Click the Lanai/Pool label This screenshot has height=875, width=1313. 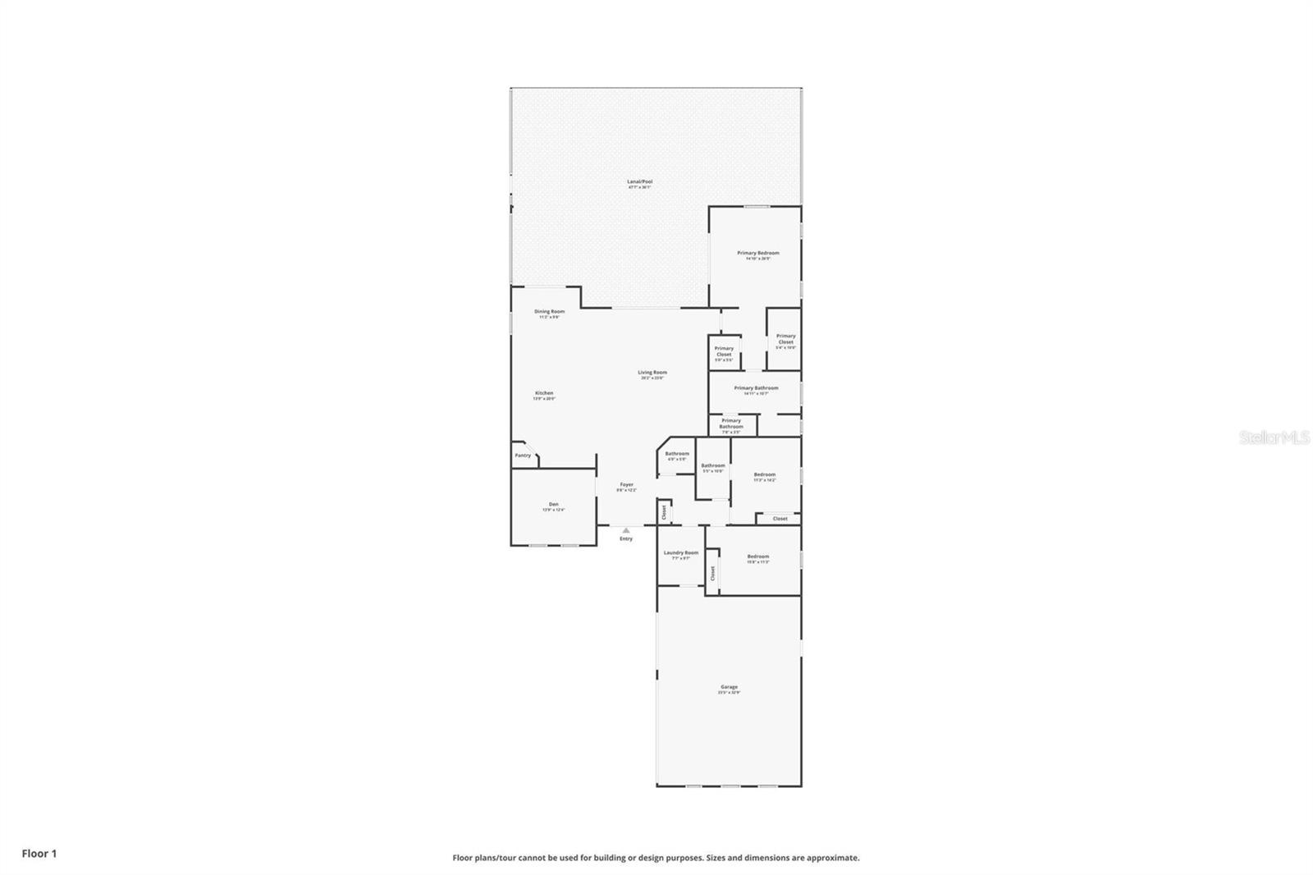(x=640, y=182)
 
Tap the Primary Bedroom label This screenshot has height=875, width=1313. (x=757, y=254)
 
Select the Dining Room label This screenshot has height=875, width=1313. (x=549, y=312)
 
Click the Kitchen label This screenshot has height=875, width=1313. (x=544, y=394)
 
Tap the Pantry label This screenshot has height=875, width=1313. (x=522, y=456)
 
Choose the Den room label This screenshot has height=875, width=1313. (x=553, y=505)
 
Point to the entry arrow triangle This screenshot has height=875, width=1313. (x=626, y=530)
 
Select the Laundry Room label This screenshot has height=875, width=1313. (x=680, y=553)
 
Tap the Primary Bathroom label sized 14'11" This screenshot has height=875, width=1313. (x=756, y=388)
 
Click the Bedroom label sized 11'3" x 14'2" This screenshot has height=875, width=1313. (x=764, y=475)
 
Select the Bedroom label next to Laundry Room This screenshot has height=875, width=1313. (x=757, y=557)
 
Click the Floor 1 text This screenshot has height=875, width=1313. (x=39, y=854)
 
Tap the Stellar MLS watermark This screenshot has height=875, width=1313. (x=1274, y=438)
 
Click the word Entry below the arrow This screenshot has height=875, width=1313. (x=626, y=539)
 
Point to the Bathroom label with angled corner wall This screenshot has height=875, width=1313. (x=677, y=454)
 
